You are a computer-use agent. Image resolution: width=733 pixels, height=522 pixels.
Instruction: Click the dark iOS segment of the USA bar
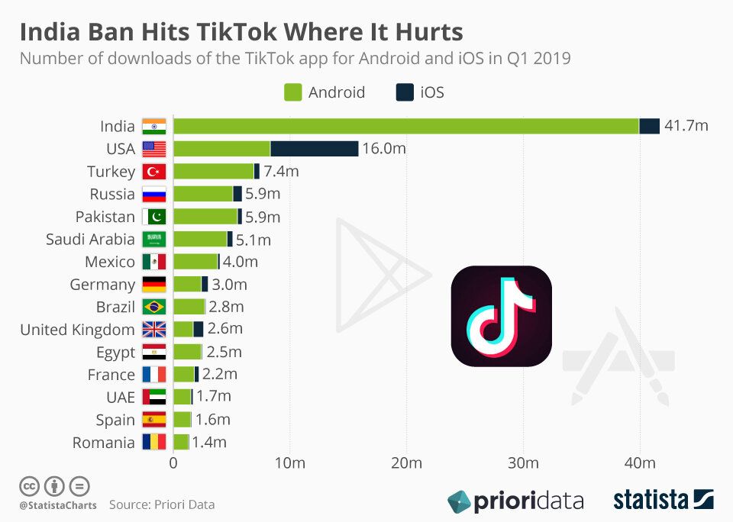[x=314, y=149]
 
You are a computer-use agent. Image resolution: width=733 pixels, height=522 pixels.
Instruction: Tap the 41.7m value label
[x=686, y=126]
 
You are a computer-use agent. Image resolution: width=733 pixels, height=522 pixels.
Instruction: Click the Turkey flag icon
[x=153, y=172]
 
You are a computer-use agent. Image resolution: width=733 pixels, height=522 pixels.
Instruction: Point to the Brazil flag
[x=153, y=307]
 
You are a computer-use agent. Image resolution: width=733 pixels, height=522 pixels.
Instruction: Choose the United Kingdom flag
[x=153, y=330]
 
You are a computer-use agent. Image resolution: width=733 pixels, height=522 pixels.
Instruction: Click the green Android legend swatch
[x=293, y=93]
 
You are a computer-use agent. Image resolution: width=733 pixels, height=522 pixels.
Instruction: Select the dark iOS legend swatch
[x=405, y=93]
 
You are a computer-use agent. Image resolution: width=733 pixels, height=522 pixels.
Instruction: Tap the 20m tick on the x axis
[x=406, y=463]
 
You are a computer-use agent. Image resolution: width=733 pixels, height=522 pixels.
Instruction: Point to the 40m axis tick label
[x=640, y=463]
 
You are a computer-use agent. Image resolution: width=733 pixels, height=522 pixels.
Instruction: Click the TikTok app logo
[x=501, y=316]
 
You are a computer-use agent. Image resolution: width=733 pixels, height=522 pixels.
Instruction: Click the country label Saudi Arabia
[x=90, y=240]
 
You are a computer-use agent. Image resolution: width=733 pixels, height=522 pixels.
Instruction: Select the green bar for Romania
[x=181, y=442]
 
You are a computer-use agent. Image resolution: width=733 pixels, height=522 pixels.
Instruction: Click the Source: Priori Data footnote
[x=162, y=504]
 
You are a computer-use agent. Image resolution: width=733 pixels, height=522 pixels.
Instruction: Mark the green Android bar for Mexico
[x=195, y=262]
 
